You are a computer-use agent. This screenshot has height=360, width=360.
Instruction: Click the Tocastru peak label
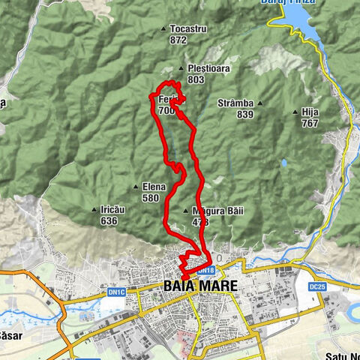(188, 29)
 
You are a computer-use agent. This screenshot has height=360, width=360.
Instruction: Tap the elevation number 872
(178, 40)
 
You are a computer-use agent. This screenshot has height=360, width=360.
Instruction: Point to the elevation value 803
(196, 79)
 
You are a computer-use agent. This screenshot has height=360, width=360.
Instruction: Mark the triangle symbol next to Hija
(295, 112)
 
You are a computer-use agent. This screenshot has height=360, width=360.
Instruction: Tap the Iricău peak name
(112, 210)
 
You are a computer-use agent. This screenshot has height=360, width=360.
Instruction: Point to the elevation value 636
(108, 221)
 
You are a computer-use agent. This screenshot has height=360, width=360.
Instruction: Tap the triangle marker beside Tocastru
(164, 30)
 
